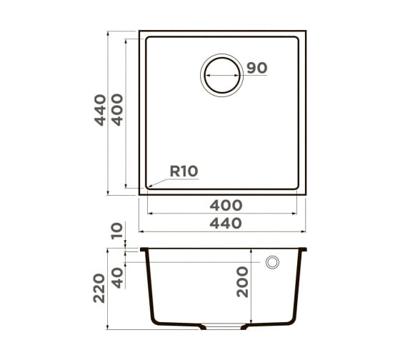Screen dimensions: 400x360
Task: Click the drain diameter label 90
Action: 257,68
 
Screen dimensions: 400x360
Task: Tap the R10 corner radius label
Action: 184,171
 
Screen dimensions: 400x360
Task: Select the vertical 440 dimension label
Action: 100,110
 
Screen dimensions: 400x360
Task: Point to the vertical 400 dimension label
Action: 117,110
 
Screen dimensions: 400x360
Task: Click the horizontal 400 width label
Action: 226,205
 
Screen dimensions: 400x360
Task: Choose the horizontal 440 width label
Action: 226,223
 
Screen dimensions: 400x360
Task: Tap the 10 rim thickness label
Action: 117,231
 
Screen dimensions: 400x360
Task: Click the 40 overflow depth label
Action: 118,278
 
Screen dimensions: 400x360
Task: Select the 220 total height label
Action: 99,288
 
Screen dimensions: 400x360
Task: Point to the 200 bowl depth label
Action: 242,281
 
